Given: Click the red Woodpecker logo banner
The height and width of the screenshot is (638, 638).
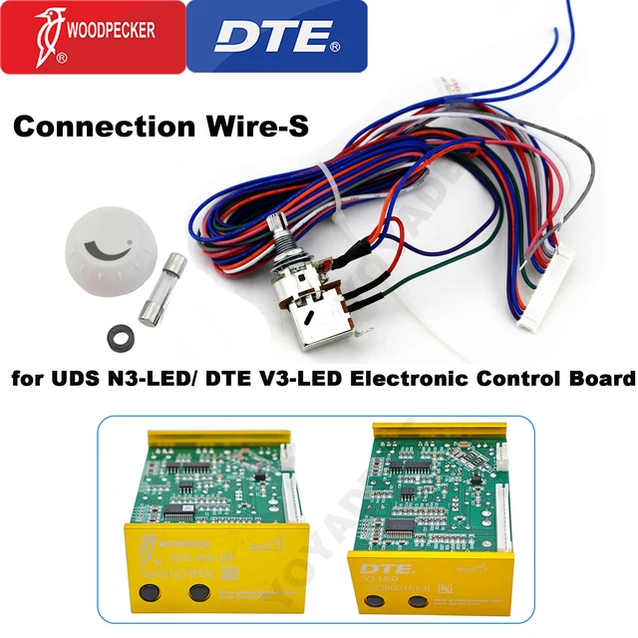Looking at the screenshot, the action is pos(93,37).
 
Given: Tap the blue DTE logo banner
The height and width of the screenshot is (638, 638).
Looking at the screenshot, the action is pos(276,37).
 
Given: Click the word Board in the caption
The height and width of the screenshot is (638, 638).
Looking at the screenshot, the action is pos(598,380).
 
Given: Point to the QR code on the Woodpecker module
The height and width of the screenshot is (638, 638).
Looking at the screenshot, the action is pos(227,574).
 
